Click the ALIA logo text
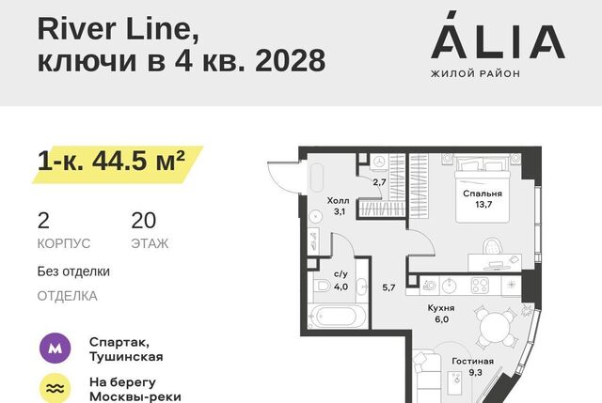pyautogui.click(x=498, y=36)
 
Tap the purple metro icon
pyautogui.click(x=55, y=349)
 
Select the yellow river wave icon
pyautogui.click(x=55, y=388)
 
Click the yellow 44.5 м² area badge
pyautogui.click(x=117, y=164)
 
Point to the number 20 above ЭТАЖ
pyautogui.click(x=144, y=221)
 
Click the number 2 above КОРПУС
pyautogui.click(x=43, y=221)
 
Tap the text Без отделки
pyautogui.click(x=73, y=271)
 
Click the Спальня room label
pyautogui.click(x=483, y=194)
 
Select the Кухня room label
pyautogui.click(x=441, y=308)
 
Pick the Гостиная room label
pyautogui.click(x=472, y=362)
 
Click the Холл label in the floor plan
pyautogui.click(x=339, y=200)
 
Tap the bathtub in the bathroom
pyautogui.click(x=337, y=317)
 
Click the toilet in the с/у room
pyautogui.click(x=323, y=287)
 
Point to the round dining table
pyautogui.click(x=496, y=329)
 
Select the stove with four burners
pyautogui.click(x=480, y=286)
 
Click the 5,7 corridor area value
pyautogui.click(x=388, y=287)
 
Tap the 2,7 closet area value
pyautogui.click(x=379, y=182)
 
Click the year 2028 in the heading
pyautogui.click(x=291, y=60)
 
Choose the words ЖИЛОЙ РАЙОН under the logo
pyautogui.click(x=475, y=73)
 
